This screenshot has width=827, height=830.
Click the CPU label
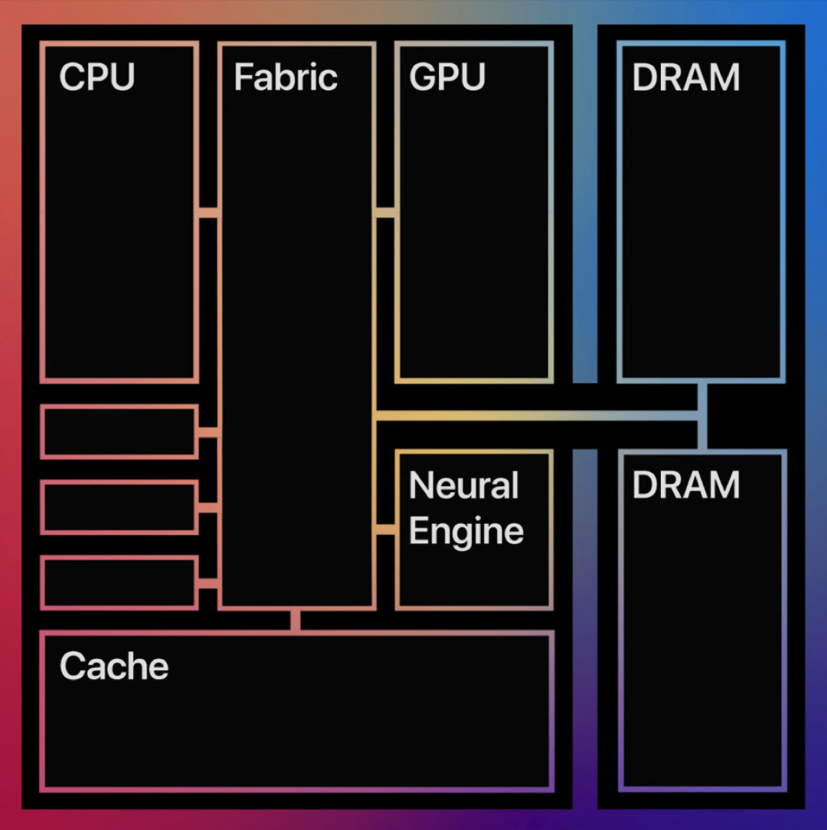point(96,77)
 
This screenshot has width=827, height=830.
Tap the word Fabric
point(285,77)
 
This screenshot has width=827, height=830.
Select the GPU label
point(447,77)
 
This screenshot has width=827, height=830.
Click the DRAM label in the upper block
point(686,77)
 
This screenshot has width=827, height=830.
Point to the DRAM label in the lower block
point(686,485)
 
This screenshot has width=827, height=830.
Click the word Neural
point(463,485)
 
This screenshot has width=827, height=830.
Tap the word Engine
point(466,532)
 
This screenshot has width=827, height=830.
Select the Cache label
point(114,666)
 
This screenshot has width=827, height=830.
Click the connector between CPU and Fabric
point(208,212)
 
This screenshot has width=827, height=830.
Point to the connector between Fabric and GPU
point(385,212)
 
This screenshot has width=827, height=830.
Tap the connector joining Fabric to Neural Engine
point(385,529)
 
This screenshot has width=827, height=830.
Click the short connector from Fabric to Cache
point(296,620)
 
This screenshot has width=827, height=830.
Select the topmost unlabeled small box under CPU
point(119,432)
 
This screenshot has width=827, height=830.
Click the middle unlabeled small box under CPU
point(119,507)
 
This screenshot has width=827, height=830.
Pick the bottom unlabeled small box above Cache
point(119,583)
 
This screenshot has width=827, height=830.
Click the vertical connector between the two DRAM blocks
point(702,416)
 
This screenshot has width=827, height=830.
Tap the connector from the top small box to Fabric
point(208,432)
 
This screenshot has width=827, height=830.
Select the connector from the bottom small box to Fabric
point(208,583)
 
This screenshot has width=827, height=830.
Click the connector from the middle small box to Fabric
point(208,507)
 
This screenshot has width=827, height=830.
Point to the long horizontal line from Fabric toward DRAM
point(538,416)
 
